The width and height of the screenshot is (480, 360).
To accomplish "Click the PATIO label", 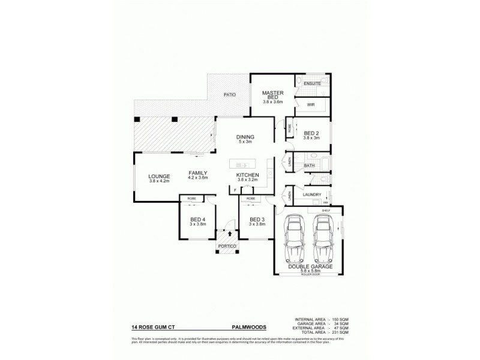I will [229, 95].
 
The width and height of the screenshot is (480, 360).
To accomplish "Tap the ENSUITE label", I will [311, 83].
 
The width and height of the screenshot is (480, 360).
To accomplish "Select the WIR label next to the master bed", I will [311, 105].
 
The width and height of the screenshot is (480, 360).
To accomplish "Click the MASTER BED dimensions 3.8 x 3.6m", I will [273, 102].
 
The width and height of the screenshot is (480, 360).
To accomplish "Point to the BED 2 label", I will [311, 133].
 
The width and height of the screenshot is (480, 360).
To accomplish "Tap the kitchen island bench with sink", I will [243, 164].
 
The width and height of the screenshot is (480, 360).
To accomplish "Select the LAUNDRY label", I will [312, 194].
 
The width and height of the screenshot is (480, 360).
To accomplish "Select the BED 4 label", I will [199, 220].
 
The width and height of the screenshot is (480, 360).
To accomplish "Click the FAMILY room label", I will [198, 172].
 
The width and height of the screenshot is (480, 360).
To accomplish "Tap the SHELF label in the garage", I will [326, 211].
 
